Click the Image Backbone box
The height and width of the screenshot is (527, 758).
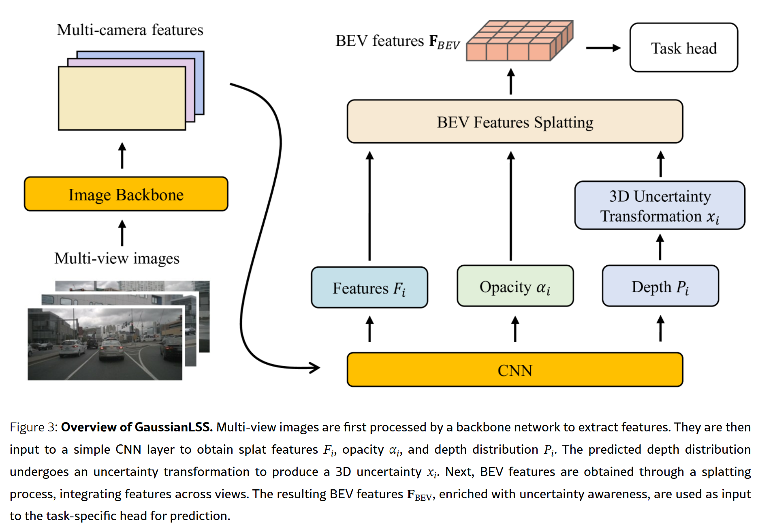click(126, 194)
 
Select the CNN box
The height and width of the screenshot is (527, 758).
click(515, 370)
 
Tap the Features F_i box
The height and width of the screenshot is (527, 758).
click(369, 288)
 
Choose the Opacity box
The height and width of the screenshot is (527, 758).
click(515, 286)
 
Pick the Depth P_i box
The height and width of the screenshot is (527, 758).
click(660, 286)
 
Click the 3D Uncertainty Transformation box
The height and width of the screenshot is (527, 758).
click(660, 206)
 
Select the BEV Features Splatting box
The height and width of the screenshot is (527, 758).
click(515, 122)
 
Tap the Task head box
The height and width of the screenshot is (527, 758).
click(683, 48)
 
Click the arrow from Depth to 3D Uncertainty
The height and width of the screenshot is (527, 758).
click(660, 247)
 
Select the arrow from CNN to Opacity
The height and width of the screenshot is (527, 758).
click(515, 329)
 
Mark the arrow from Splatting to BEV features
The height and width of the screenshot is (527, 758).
click(511, 81)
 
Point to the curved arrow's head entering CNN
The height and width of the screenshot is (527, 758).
click(314, 367)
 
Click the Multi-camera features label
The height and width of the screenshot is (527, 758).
click(130, 30)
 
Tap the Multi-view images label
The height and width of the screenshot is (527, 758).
click(117, 258)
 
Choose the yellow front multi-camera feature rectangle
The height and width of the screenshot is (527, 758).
click(122, 98)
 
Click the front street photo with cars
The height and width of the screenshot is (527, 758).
click(105, 344)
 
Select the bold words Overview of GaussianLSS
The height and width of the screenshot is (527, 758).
click(137, 427)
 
